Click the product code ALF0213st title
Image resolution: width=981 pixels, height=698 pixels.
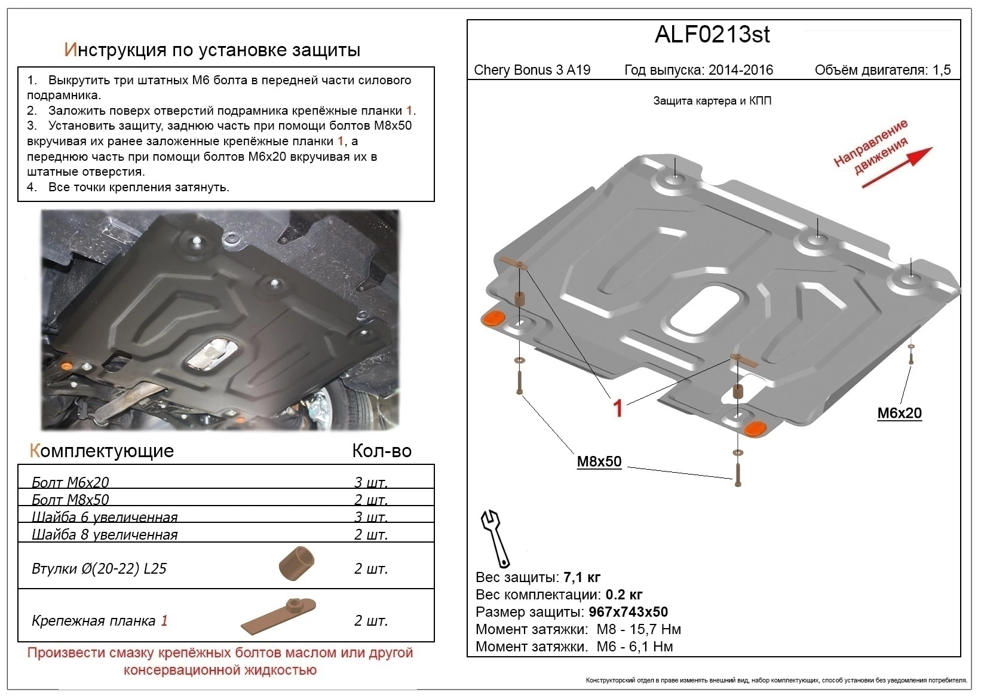712,35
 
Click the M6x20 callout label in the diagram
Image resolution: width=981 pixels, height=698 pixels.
899,414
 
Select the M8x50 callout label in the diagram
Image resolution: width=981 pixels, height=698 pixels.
599,462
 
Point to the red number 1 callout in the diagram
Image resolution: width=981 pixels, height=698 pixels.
618,408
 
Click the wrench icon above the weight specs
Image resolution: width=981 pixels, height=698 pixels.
494,538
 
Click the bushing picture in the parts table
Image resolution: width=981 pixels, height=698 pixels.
298,563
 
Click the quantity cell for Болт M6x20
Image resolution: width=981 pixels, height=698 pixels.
371,482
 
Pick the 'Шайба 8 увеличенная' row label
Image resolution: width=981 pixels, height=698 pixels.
105,534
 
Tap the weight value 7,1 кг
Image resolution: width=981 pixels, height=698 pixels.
581,577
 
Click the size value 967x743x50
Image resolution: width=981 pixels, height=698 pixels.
628,612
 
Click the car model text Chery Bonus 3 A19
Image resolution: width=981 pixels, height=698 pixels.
532,71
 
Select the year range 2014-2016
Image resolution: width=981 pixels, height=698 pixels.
740,71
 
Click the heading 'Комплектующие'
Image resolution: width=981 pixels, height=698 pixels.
102,451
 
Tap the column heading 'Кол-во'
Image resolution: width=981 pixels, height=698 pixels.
382,451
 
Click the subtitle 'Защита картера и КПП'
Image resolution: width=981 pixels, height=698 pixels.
712,101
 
